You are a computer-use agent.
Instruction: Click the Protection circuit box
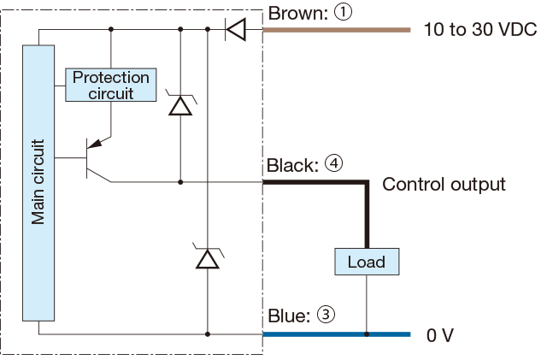point(111,86)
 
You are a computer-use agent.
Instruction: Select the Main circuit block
point(38,183)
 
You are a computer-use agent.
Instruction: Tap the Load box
point(367,262)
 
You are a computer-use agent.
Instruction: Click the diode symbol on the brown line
point(236,29)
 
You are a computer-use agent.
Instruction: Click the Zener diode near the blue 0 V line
point(208,257)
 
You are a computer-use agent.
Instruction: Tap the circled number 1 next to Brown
point(343,12)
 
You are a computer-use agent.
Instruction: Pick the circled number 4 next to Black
point(334,163)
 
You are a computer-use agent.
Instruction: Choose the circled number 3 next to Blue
point(326,315)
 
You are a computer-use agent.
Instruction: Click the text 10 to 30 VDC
point(480,29)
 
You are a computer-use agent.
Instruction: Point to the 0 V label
point(440,335)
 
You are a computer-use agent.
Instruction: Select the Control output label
point(444,185)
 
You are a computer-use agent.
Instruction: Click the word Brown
point(298,14)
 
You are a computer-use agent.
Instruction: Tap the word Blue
point(289,316)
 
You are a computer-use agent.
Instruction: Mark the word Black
point(292,165)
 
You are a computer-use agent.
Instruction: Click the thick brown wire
point(337,30)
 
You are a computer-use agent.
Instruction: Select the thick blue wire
point(337,334)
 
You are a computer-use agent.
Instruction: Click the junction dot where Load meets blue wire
point(367,334)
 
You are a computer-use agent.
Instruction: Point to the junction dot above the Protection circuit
point(111,29)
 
